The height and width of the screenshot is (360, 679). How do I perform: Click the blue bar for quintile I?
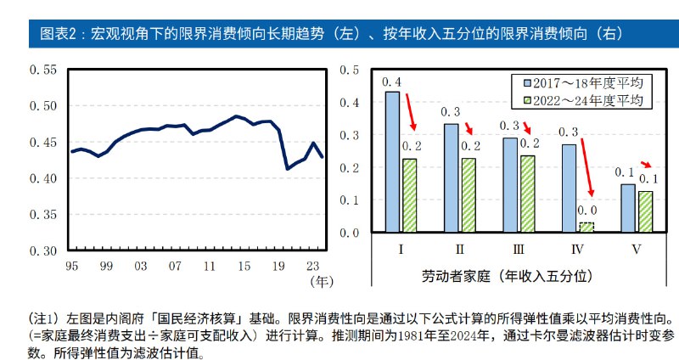point(392,161)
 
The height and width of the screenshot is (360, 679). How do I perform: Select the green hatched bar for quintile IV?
point(585,228)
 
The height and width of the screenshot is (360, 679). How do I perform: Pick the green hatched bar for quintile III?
point(526,194)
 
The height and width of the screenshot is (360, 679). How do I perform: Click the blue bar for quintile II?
point(451,178)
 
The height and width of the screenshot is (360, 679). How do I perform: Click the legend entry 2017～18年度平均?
point(584,82)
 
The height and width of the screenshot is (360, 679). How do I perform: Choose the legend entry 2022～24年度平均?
point(584,100)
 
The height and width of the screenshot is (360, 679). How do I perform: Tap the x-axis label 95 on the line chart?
point(71,266)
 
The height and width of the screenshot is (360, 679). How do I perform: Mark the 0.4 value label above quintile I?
point(392,82)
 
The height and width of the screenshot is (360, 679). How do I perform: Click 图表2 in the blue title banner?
point(59,33)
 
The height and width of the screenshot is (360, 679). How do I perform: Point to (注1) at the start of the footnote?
point(42,317)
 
